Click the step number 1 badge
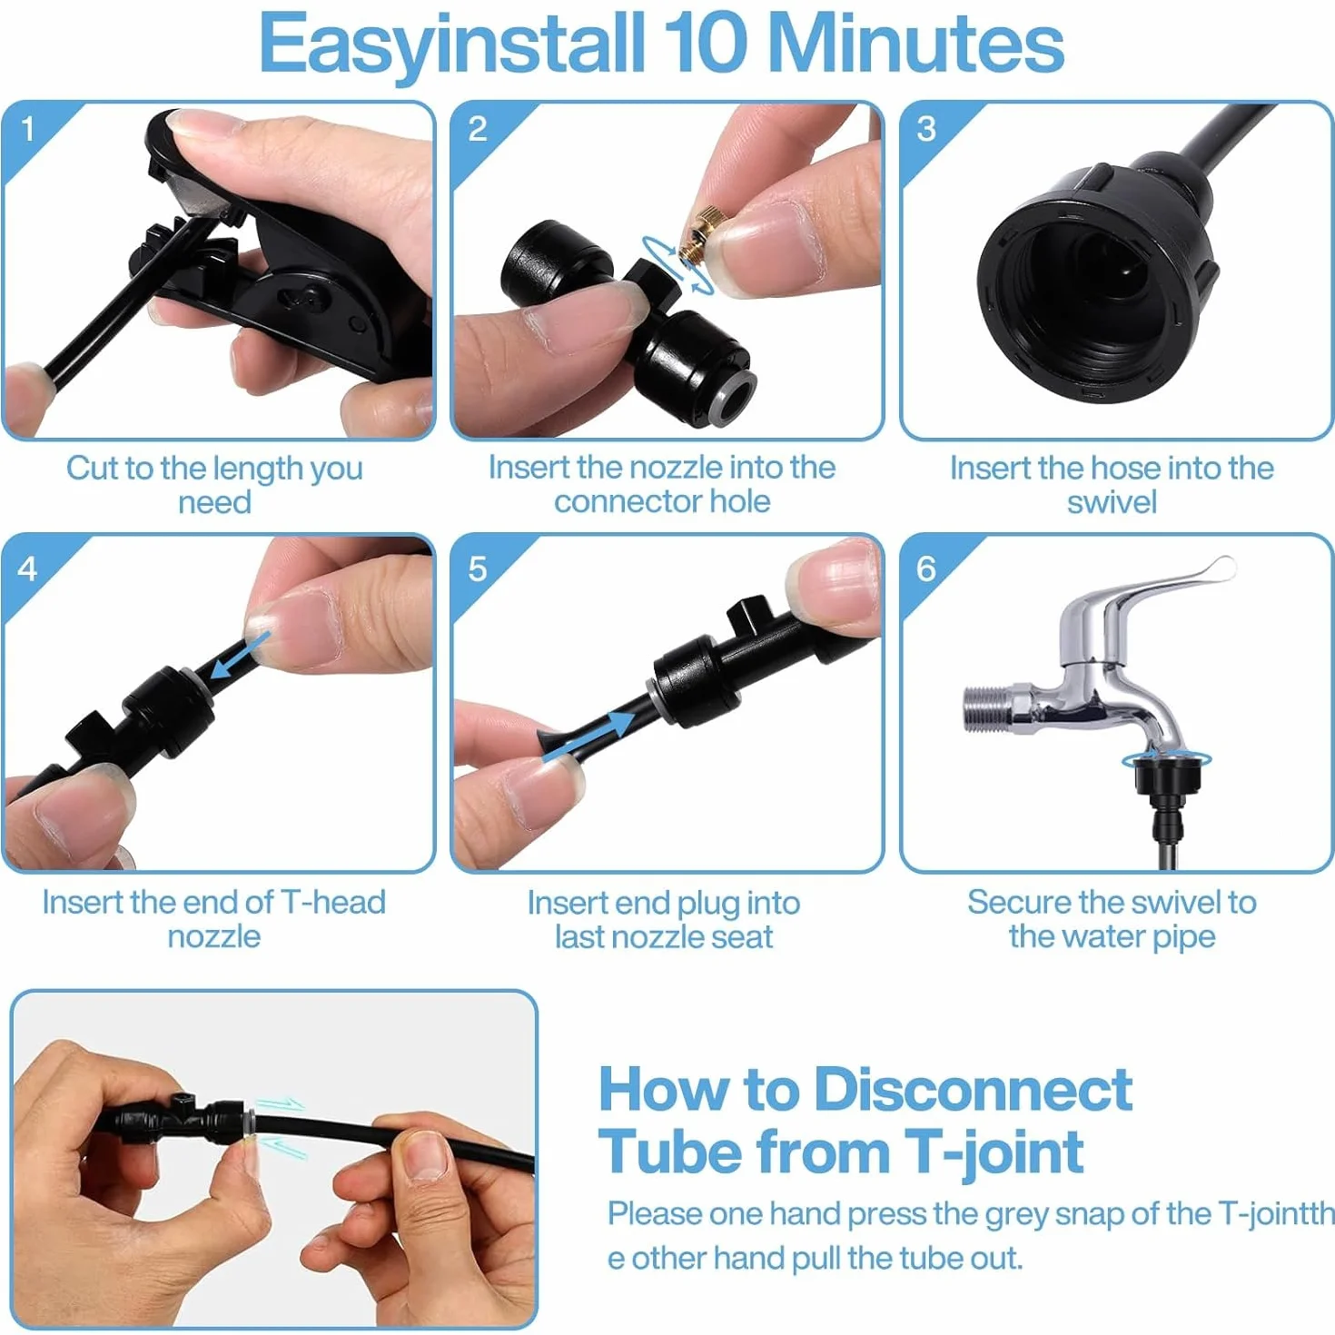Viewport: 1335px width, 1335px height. point(28,130)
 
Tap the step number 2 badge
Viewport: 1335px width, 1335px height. point(478,130)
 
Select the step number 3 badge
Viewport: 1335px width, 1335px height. point(926,130)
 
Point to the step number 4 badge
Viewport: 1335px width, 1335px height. point(28,569)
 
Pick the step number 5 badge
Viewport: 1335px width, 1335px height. point(478,569)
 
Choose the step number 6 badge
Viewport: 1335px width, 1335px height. point(926,569)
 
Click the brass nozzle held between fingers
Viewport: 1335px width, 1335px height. point(700,236)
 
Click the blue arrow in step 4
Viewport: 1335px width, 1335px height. point(239,656)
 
